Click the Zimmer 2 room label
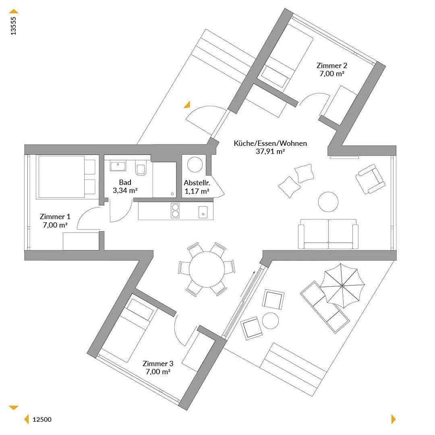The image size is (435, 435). click(331, 66)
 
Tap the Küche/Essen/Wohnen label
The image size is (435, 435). click(270, 143)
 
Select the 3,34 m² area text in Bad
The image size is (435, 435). click(125, 191)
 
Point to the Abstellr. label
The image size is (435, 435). click(197, 182)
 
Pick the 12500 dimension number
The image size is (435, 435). click(42, 419)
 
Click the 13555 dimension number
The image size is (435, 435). click(14, 26)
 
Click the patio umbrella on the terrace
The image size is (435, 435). click(342, 286)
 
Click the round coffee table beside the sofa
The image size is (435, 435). click(328, 201)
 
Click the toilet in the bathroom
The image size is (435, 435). click(141, 168)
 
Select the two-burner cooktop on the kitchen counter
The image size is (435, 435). click(175, 211)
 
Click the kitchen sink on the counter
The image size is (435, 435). click(203, 211)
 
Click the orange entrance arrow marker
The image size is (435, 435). click(187, 105)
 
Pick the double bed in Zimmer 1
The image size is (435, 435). click(66, 177)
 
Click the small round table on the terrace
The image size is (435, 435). click(270, 321)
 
